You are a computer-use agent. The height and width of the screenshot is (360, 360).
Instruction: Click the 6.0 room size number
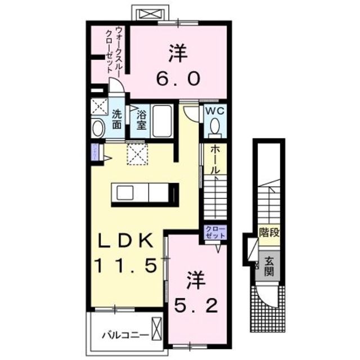176,78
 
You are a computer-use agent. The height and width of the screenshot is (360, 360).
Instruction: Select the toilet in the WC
215,129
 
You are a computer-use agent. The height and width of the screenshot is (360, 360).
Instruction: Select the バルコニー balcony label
125,336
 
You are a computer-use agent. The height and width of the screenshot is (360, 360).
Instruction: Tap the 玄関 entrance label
269,267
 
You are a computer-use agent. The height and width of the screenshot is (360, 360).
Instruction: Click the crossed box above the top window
148,13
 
